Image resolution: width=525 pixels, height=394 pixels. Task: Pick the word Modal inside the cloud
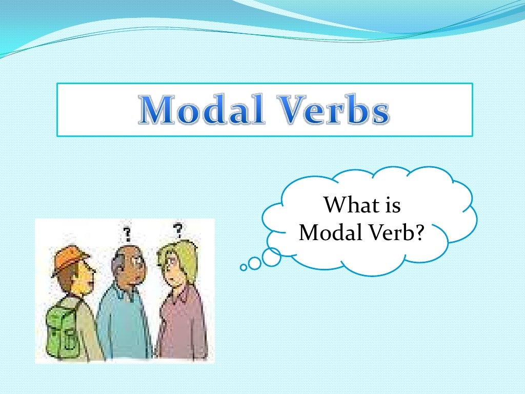[x=328, y=233]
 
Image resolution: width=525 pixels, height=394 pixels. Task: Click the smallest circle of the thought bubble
[x=243, y=267]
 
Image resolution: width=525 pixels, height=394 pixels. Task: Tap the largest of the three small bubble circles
[x=271, y=257]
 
